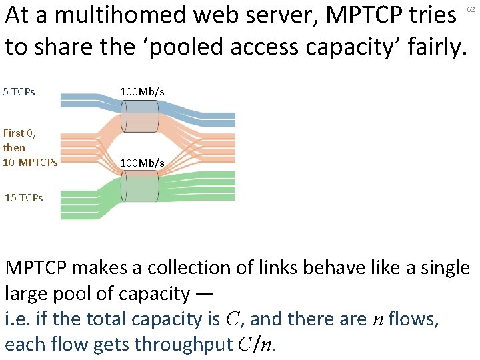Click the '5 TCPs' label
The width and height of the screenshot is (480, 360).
[19, 91]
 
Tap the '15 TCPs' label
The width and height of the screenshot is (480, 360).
[24, 197]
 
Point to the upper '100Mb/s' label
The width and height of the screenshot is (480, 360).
[142, 91]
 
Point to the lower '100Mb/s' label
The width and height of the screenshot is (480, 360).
[142, 163]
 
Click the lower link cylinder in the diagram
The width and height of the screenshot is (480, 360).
[139, 185]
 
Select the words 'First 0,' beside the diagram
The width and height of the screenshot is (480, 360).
[19, 133]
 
